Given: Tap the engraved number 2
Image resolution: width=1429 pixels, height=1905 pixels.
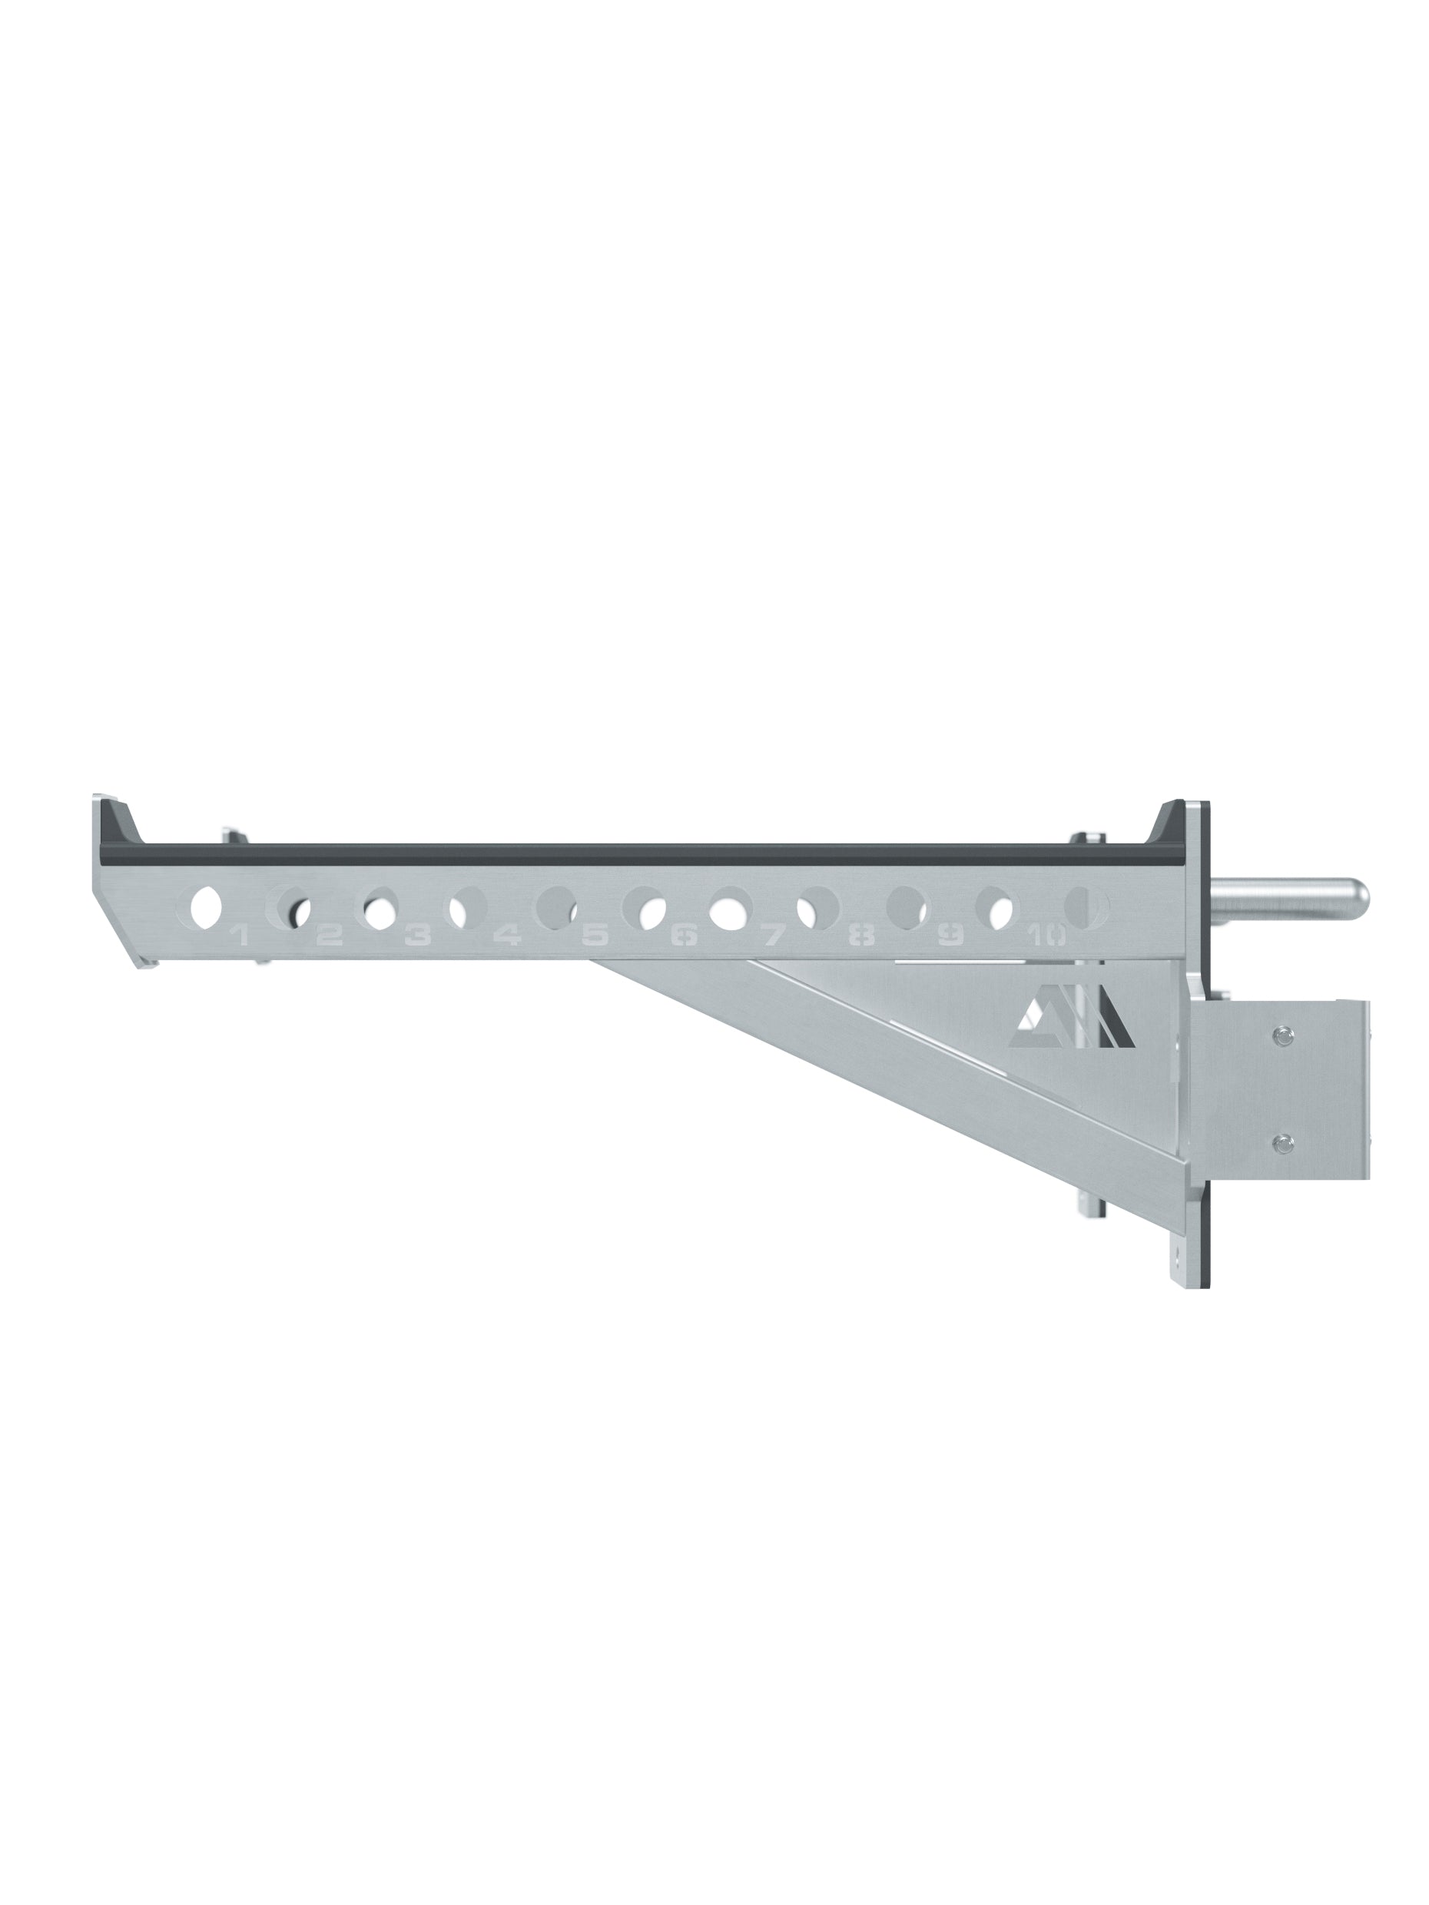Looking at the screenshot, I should coord(330,936).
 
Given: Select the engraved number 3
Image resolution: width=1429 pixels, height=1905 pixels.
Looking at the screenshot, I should coord(418,936).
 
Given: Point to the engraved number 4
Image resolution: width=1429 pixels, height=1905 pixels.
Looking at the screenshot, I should coord(506,936).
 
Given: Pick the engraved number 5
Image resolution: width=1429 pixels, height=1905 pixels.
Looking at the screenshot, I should coord(595,936).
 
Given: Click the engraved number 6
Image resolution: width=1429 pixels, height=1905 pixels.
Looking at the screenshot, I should coord(683,936).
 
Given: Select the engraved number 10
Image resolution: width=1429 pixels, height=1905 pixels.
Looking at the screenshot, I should coord(1046,936).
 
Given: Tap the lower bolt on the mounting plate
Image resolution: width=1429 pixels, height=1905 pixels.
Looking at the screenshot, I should coord(1281,1143).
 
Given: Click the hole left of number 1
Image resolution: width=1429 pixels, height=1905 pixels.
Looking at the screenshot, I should coord(206,908).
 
